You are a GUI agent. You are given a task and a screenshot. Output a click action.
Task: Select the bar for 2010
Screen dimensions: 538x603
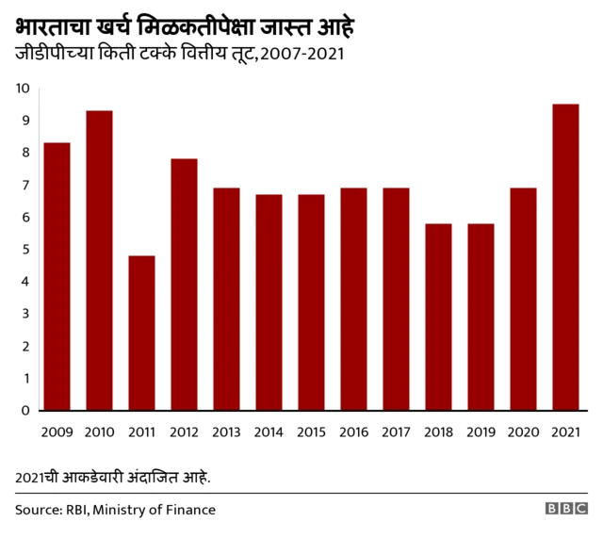coord(99,260)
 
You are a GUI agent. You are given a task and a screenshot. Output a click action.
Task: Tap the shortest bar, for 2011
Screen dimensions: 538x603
coord(141,333)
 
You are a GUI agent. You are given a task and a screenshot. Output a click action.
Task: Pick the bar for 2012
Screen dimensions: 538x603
coord(184,285)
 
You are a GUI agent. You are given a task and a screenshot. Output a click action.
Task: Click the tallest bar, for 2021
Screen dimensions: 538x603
coord(565,257)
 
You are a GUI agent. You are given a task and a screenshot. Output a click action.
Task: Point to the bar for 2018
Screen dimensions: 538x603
coord(438,317)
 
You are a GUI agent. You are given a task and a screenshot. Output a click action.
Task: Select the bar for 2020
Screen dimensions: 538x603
coord(523,299)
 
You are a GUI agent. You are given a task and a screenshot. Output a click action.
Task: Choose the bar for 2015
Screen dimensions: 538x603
coord(311,302)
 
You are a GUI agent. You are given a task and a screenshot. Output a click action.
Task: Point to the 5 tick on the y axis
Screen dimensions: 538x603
coord(25,250)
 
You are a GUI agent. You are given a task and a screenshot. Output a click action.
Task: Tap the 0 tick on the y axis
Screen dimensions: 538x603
coord(25,411)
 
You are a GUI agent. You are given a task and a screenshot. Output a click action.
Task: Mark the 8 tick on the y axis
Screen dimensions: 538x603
coord(25,153)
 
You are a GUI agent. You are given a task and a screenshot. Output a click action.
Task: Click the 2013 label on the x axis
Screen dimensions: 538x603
coord(226,432)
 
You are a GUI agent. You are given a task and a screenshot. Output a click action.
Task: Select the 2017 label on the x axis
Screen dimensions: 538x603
coord(396,432)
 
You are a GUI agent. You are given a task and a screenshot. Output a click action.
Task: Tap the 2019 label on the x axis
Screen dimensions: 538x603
coord(481,432)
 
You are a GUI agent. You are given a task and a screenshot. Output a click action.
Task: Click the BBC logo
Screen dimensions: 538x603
coord(565,509)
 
